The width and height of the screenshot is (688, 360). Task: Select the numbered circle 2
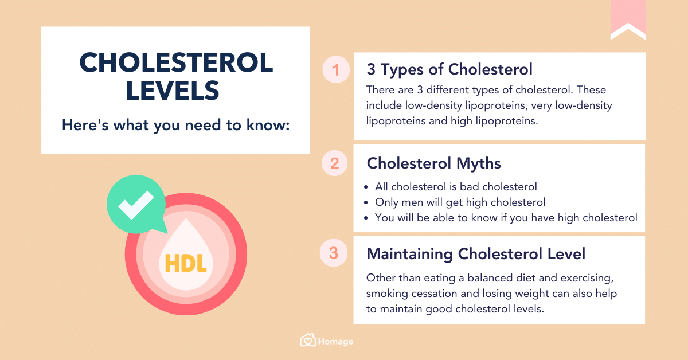335,164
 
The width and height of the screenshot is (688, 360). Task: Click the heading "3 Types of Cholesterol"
449,69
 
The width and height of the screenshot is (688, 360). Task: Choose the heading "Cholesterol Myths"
433,163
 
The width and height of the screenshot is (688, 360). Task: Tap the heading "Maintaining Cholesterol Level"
476,253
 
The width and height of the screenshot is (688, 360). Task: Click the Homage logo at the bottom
327,341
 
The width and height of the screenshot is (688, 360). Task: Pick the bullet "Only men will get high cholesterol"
460,202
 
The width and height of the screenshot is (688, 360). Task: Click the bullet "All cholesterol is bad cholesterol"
456,186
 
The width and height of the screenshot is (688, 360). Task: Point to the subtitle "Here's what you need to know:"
176,124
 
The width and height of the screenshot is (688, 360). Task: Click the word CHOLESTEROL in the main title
176,63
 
